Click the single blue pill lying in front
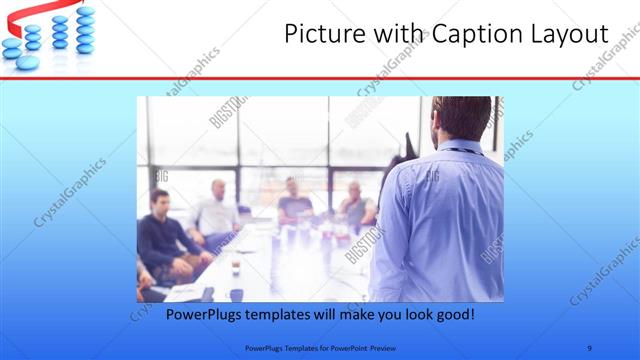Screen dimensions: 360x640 [29, 62]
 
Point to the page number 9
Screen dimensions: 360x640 [589, 347]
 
